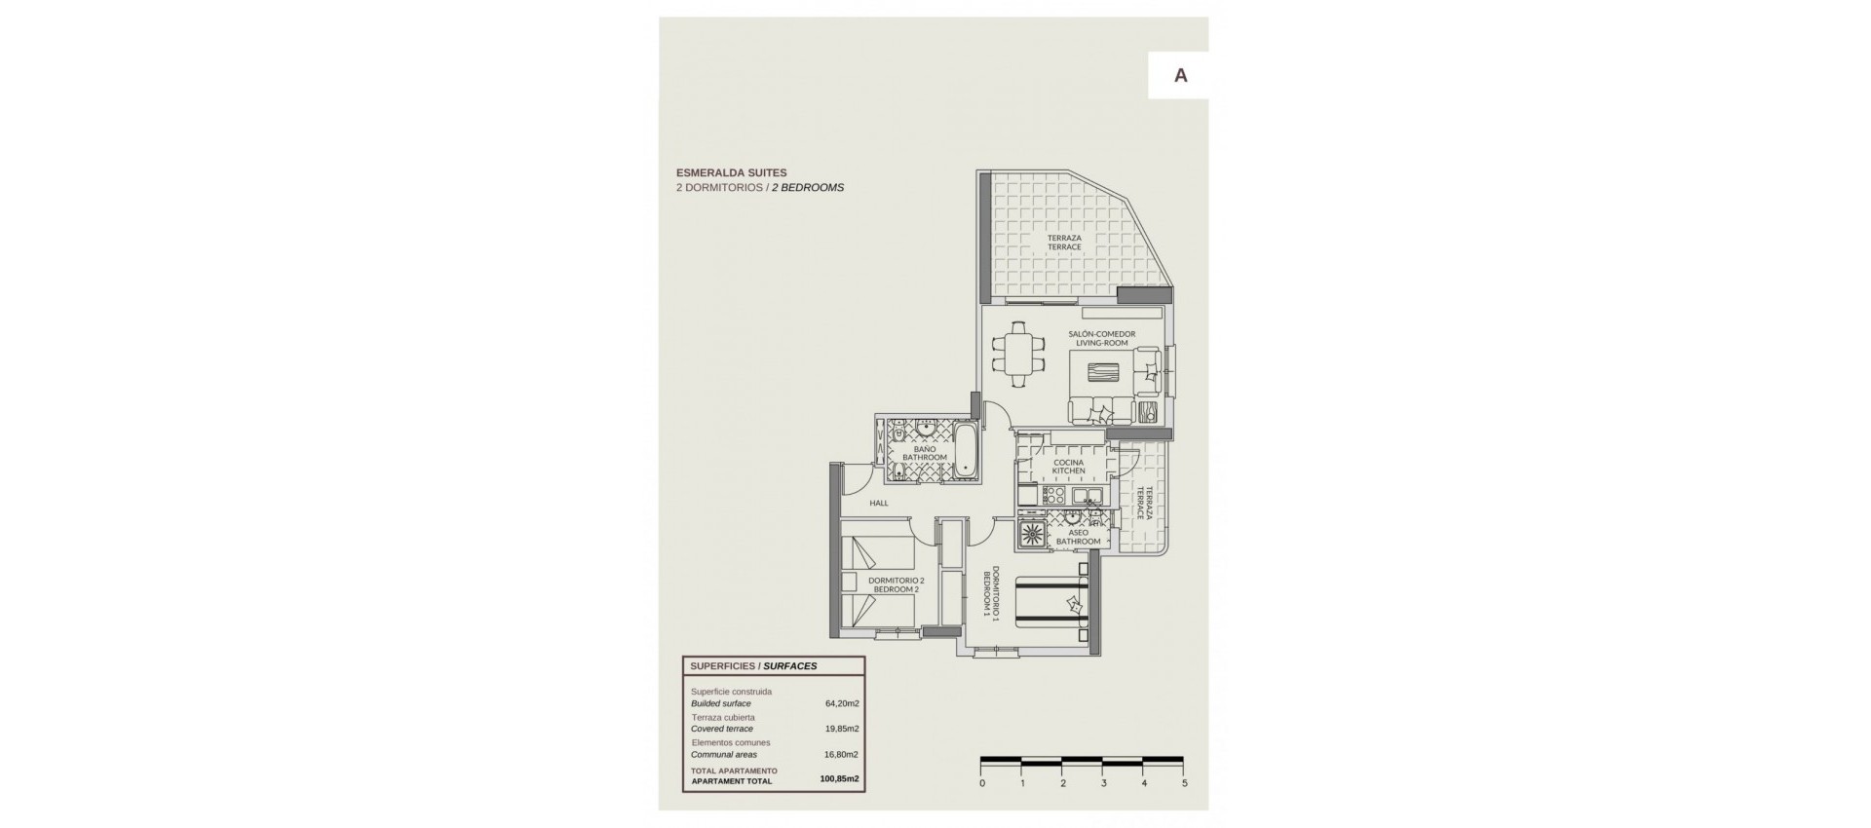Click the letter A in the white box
tap(1180, 76)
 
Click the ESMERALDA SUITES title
tap(731, 172)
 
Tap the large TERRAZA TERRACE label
tap(1064, 243)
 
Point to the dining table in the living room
tap(1018, 354)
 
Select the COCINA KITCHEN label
tap(1068, 467)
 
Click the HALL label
tap(197, 503)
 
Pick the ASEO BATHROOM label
tap(1078, 537)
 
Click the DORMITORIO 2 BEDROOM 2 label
tap(895, 584)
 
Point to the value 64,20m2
tap(842, 703)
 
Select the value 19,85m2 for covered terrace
tap(842, 729)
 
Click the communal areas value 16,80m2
tap(842, 754)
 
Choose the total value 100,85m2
tap(840, 779)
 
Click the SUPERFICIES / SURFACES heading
tap(753, 666)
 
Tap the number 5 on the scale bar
tap(1184, 782)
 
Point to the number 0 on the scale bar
tap(982, 782)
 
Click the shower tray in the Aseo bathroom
tap(1032, 533)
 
